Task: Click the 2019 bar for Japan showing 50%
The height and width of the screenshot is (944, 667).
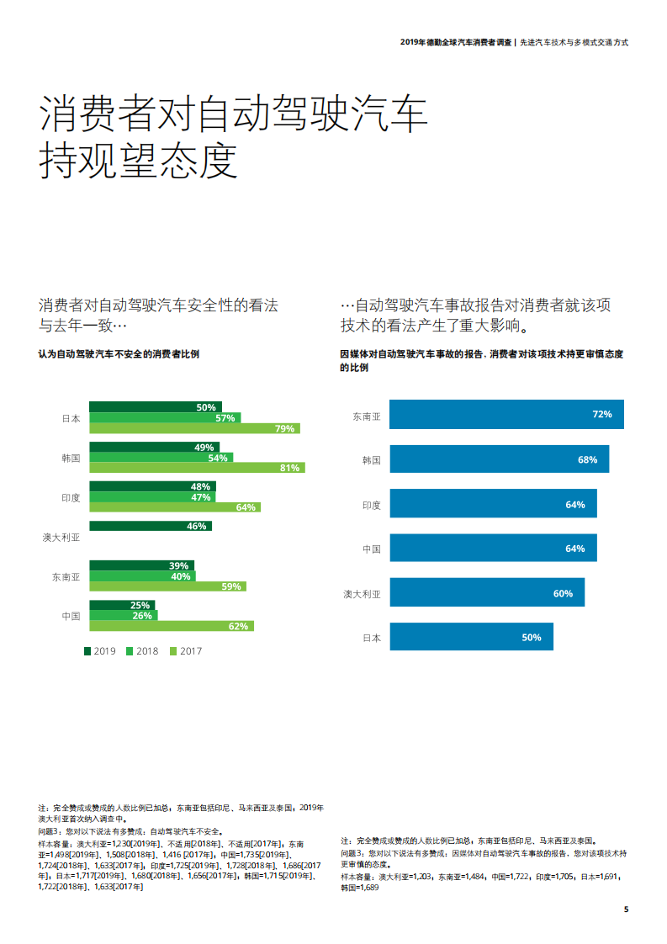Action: pyautogui.click(x=156, y=407)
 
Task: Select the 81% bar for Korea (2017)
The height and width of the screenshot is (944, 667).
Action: pyautogui.click(x=197, y=468)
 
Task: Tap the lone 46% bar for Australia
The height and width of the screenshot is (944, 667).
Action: pyautogui.click(x=151, y=526)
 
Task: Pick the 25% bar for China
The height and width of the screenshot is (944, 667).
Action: pyautogui.click(x=122, y=605)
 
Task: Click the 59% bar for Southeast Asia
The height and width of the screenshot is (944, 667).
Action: pyautogui.click(x=167, y=586)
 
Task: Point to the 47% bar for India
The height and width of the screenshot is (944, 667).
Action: pyautogui.click(x=151, y=497)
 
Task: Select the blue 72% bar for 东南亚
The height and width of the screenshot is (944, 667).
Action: pyautogui.click(x=506, y=415)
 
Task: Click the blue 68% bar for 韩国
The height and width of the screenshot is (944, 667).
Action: pyautogui.click(x=499, y=459)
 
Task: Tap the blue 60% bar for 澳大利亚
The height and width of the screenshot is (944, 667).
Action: pyautogui.click(x=487, y=593)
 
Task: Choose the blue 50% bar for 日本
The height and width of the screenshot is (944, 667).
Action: pyautogui.click(x=471, y=637)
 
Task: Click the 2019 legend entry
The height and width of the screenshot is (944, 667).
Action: pyautogui.click(x=99, y=650)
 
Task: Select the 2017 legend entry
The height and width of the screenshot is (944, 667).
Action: pyautogui.click(x=185, y=650)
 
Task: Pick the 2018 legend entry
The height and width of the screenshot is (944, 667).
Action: pyautogui.click(x=142, y=650)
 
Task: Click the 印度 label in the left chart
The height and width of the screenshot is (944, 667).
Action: pyautogui.click(x=71, y=497)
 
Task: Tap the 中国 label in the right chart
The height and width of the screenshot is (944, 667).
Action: pyautogui.click(x=372, y=549)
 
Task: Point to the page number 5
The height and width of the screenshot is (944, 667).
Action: pyautogui.click(x=626, y=909)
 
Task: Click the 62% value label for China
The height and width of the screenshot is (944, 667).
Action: pyautogui.click(x=239, y=626)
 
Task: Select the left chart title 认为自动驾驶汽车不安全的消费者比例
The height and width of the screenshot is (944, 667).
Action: pyautogui.click(x=119, y=354)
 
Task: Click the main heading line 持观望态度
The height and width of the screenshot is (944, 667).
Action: pyautogui.click(x=139, y=161)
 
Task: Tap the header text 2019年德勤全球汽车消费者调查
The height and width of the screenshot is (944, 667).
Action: pyautogui.click(x=455, y=41)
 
